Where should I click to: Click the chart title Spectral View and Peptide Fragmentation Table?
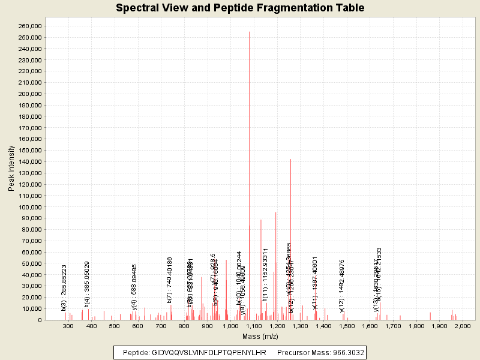(x=240, y=8)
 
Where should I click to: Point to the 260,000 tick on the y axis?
(x=28, y=26)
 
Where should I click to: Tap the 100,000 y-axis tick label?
(x=28, y=207)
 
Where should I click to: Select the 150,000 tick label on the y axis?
(x=28, y=151)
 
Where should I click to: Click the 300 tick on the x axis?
(x=68, y=326)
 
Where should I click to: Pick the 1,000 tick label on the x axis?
(x=230, y=326)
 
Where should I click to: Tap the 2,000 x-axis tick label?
(x=463, y=326)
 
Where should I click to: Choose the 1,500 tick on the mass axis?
(x=347, y=326)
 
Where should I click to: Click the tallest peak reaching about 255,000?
(x=249, y=32)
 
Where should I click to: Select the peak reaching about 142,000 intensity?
(x=290, y=160)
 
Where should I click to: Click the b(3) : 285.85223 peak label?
(x=64, y=283)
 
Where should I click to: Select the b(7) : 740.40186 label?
(x=170, y=280)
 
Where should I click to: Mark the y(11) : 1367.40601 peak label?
(x=315, y=283)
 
